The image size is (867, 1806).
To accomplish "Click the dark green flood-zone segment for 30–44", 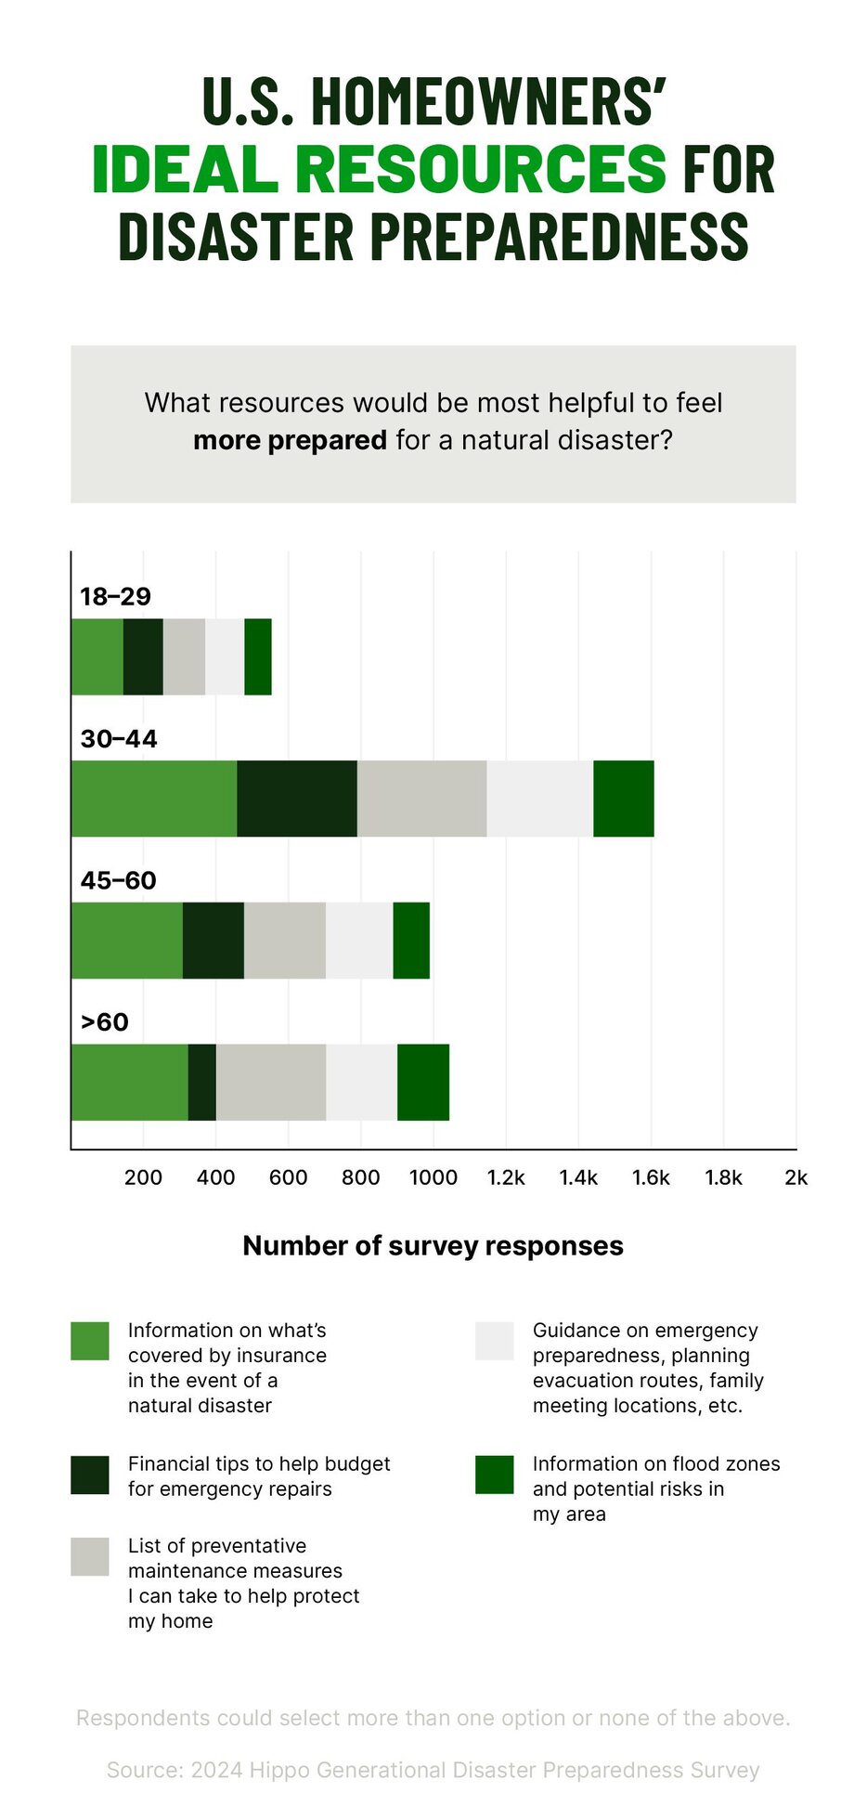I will tap(624, 799).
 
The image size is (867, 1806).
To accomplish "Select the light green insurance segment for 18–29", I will tap(97, 656).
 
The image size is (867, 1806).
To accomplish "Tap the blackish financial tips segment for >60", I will tap(202, 1082).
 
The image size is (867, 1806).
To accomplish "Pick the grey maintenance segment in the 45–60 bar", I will tap(285, 940).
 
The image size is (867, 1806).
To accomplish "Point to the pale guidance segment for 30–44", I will tap(540, 799).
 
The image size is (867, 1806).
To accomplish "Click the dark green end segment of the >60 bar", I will tap(423, 1082).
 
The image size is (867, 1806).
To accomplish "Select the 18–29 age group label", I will tap(115, 596).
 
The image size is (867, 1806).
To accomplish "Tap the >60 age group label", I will tap(104, 1021).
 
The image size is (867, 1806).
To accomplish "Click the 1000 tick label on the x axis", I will tap(433, 1177).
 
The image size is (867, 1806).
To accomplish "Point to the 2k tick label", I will tap(796, 1177).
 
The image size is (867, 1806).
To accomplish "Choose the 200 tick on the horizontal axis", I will tap(143, 1177).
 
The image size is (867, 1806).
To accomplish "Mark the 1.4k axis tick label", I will tap(578, 1177).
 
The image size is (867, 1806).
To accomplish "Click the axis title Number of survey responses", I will tap(433, 1245).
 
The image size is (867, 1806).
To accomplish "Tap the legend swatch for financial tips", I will tap(90, 1475).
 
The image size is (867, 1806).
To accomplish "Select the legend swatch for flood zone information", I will tap(494, 1475).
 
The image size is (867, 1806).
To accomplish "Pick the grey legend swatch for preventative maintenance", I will tap(90, 1556).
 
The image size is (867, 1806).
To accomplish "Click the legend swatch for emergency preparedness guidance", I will tap(494, 1341).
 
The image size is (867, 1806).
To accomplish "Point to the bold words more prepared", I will tap(290, 440).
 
